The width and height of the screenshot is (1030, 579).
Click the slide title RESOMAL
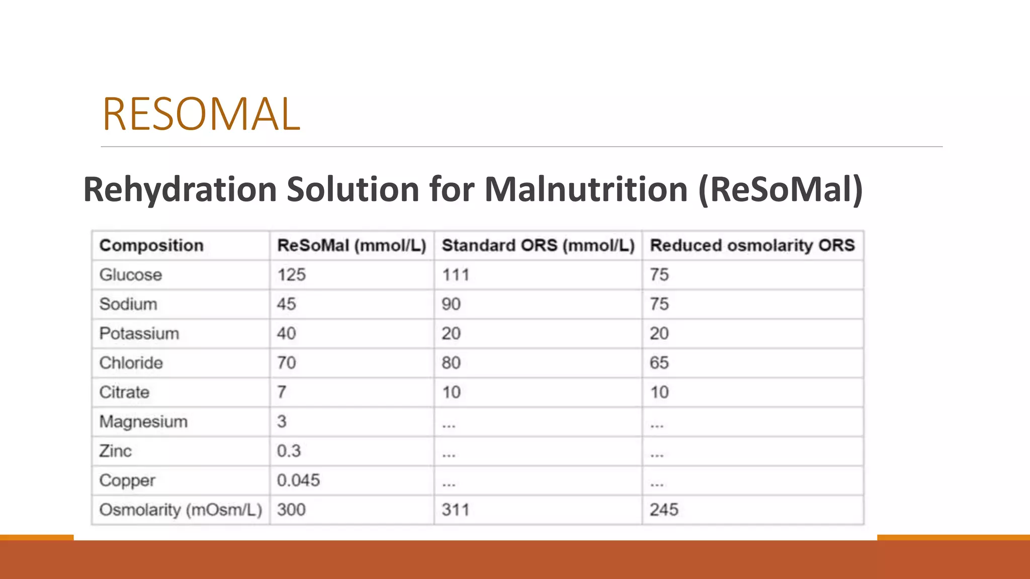click(x=201, y=114)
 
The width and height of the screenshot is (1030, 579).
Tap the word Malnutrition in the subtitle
click(x=586, y=189)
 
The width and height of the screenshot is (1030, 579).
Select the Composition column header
click(x=151, y=245)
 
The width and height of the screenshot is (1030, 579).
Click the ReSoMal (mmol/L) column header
click(x=352, y=245)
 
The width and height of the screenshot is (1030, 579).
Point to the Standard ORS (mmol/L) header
click(x=538, y=245)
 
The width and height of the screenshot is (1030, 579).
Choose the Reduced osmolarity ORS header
click(x=752, y=245)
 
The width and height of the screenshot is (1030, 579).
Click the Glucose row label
click(x=131, y=275)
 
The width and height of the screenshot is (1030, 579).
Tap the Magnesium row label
click(x=143, y=422)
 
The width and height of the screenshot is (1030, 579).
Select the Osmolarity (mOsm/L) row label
click(x=181, y=510)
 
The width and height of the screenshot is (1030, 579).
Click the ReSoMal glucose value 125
click(x=292, y=275)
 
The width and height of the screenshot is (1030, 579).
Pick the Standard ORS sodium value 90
click(x=451, y=304)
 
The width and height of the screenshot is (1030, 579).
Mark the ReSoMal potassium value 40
click(x=287, y=333)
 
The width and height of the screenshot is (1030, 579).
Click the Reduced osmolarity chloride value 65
click(x=659, y=363)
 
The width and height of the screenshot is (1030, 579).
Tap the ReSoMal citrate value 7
click(x=282, y=392)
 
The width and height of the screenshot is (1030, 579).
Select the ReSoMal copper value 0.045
click(x=298, y=480)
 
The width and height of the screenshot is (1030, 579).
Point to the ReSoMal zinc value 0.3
click(x=289, y=451)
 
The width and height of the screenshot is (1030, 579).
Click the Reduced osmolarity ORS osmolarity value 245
click(x=664, y=510)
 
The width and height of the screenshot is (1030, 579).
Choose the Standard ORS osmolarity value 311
click(x=456, y=510)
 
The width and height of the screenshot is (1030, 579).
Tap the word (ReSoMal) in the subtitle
click(x=781, y=189)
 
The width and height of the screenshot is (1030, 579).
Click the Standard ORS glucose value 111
click(x=456, y=275)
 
